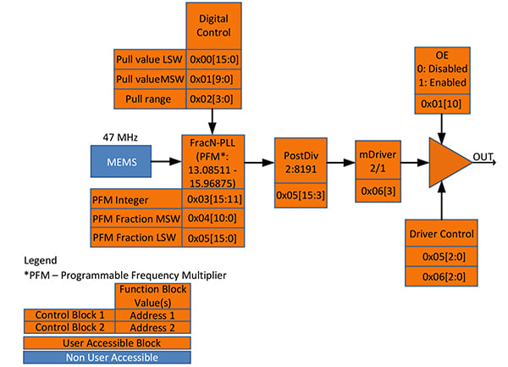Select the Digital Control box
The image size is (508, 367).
tap(213, 25)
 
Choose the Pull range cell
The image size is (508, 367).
tap(147, 100)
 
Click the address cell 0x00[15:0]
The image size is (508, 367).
tap(213, 59)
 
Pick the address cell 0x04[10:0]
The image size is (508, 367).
tap(213, 219)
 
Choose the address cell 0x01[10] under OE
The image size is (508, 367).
tap(442, 103)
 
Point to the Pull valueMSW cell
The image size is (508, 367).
tap(147, 80)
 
